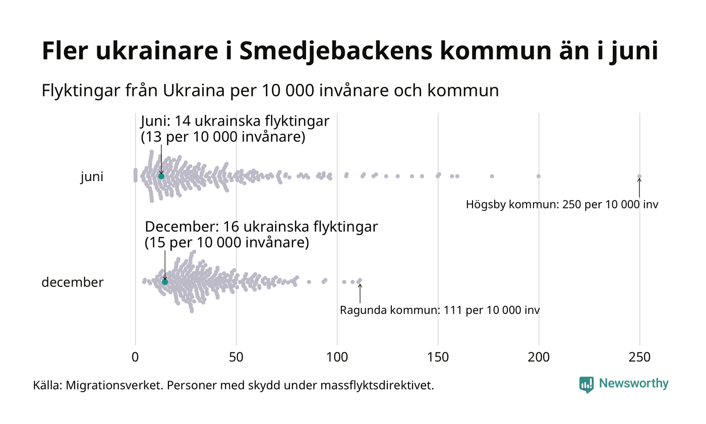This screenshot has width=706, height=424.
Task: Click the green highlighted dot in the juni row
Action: click(161, 176)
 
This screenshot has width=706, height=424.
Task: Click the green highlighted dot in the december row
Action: click(165, 282)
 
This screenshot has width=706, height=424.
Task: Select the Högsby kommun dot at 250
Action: click(639, 176)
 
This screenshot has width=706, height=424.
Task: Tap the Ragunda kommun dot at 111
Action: click(360, 280)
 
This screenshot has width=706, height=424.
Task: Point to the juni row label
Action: click(92, 177)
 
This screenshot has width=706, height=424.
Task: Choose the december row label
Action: click(72, 282)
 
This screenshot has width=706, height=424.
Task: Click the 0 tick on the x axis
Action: click(135, 357)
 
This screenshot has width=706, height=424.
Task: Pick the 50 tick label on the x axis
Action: click(236, 357)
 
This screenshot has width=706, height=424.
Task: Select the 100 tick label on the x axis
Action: click(337, 357)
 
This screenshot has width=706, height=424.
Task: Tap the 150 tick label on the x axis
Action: click(438, 357)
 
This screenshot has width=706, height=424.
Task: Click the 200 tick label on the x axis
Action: click(539, 357)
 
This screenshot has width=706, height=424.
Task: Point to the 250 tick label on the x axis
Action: click(639, 357)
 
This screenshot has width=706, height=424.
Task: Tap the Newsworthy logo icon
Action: click(586, 385)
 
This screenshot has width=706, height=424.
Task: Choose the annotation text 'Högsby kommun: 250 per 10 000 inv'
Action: click(562, 205)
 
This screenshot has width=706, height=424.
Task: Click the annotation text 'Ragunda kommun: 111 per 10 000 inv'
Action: click(440, 310)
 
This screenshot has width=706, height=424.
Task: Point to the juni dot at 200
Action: click(539, 176)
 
